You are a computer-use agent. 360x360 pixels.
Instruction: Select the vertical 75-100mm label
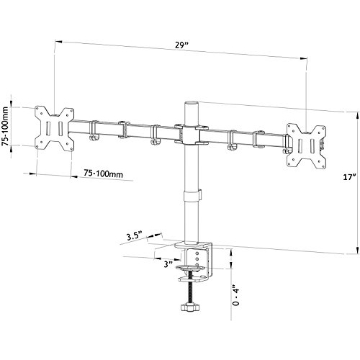[6, 123]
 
